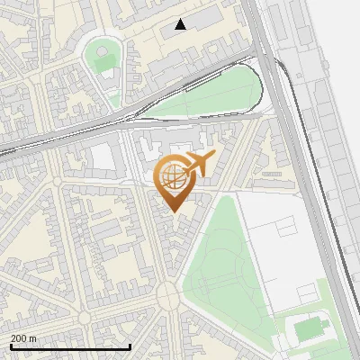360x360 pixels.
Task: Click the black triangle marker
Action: coord(181,24)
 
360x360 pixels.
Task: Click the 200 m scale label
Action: coord(23,338)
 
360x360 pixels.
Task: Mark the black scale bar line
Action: coord(70,346)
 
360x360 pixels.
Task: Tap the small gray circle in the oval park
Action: coord(102,49)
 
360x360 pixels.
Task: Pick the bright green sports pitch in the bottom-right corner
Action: coord(309,329)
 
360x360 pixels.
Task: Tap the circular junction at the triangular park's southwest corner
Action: coord(168,294)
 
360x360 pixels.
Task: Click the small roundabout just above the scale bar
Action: coord(83,317)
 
